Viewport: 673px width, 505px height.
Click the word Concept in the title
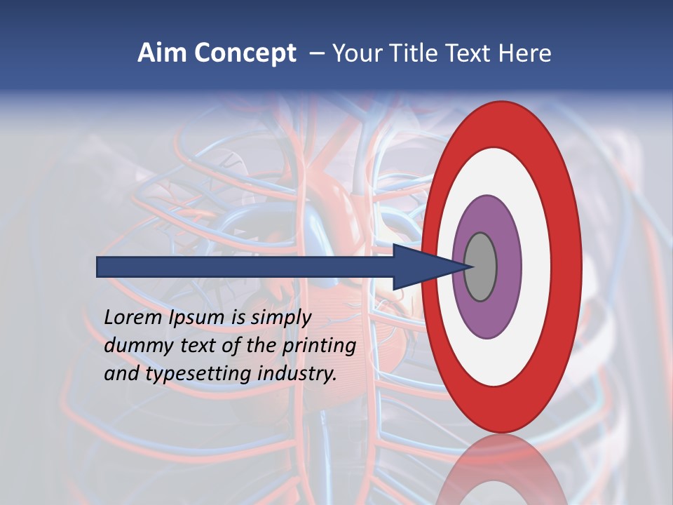point(245,53)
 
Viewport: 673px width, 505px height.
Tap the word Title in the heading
point(408,53)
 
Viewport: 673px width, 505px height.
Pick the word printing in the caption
point(320,346)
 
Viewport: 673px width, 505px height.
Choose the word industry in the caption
point(297,374)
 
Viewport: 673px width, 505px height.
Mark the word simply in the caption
point(280,318)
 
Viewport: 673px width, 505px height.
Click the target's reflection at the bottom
point(502,470)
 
